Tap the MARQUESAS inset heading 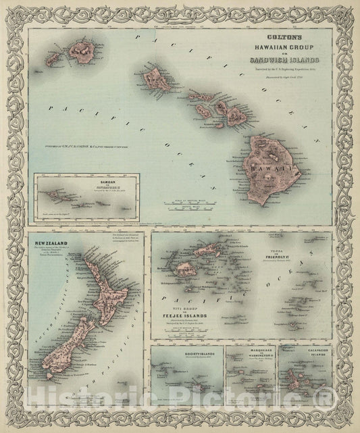coord(250,352)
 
